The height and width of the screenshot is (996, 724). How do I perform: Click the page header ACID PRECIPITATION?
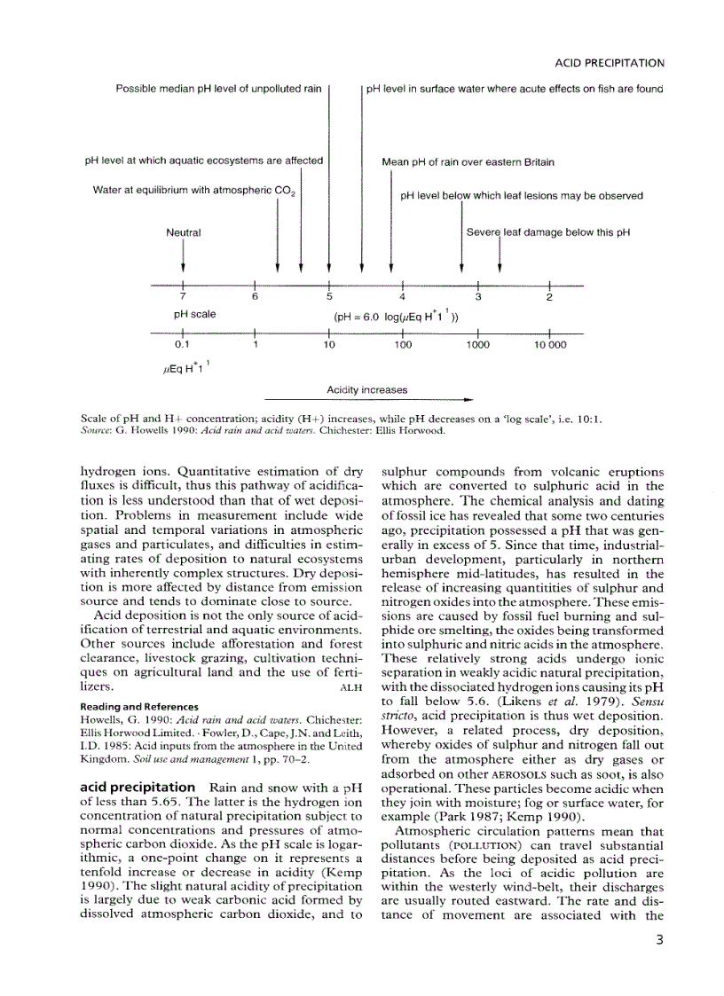click(x=610, y=64)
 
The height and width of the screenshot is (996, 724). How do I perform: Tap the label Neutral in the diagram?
click(x=184, y=233)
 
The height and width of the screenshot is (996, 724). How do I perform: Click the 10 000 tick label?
click(x=551, y=345)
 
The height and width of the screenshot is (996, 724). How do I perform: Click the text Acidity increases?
click(x=366, y=389)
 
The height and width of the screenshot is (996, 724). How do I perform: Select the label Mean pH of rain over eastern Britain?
click(x=468, y=162)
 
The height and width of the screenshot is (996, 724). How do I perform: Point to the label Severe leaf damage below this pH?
click(x=548, y=233)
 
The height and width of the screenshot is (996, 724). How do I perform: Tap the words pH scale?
click(x=194, y=314)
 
